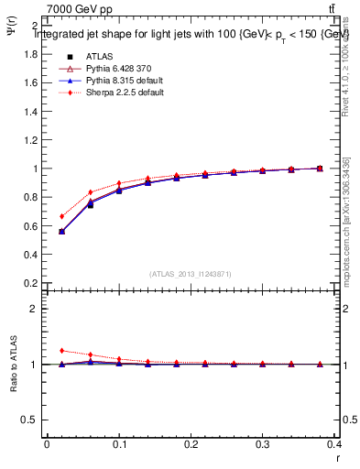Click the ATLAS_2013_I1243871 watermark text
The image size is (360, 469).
click(x=190, y=274)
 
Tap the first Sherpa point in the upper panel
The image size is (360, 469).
click(x=61, y=216)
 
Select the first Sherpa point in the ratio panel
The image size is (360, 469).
click(x=61, y=350)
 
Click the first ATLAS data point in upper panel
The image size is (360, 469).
click(x=61, y=232)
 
